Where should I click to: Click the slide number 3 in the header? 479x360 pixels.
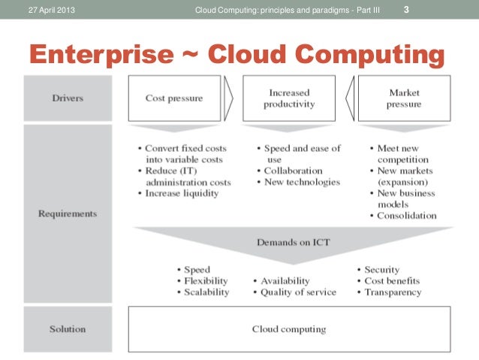407,10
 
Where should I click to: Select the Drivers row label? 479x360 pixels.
68,98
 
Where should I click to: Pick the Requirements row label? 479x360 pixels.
68,214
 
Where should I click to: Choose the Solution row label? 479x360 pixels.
68,329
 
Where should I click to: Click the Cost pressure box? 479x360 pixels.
173,98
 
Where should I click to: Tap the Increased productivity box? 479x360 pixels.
288,98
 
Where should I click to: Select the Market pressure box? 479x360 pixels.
403,98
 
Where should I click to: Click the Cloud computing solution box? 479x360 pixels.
289,329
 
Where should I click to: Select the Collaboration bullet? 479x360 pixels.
293,171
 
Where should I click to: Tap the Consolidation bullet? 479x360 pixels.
406,216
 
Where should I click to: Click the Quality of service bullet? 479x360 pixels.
297,292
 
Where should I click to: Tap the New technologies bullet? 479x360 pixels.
302,182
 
